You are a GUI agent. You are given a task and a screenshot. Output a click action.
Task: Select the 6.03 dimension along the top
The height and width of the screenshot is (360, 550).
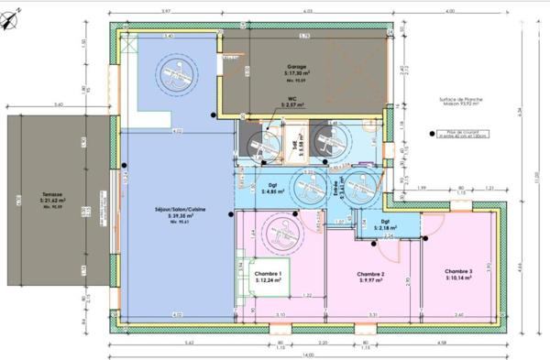[x=309, y=11]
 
